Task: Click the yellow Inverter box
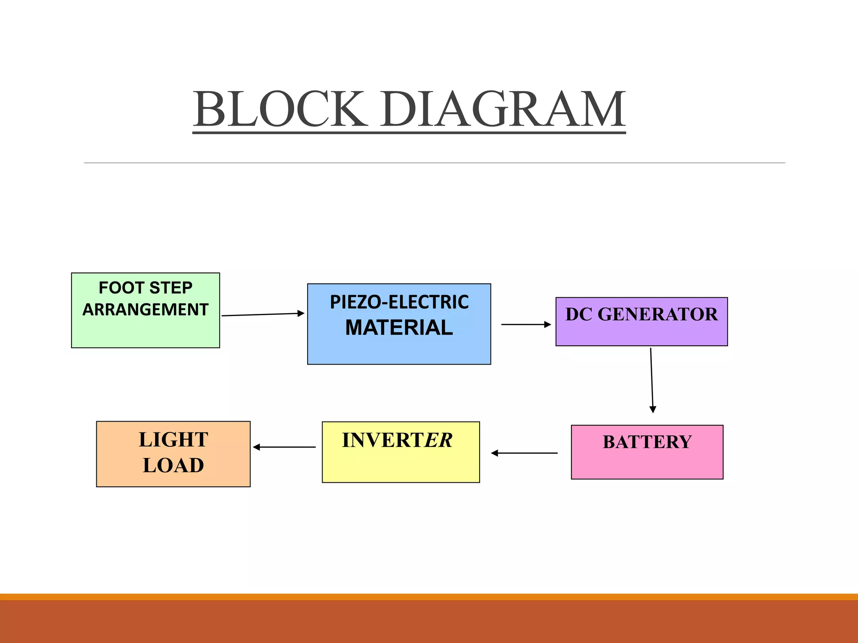click(x=401, y=465)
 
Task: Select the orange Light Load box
click(x=173, y=477)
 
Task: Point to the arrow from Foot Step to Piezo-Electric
click(x=263, y=314)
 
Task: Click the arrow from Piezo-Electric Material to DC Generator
click(x=526, y=324)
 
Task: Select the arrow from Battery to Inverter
click(x=524, y=453)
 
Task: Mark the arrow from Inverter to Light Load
click(x=284, y=447)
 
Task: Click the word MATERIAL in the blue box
click(x=399, y=327)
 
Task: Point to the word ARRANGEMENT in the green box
click(x=145, y=310)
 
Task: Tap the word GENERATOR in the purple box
click(x=657, y=314)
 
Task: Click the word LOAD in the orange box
click(x=173, y=466)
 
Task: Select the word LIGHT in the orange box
click(x=173, y=440)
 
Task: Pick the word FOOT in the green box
click(x=121, y=288)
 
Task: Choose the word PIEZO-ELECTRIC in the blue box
click(x=399, y=302)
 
